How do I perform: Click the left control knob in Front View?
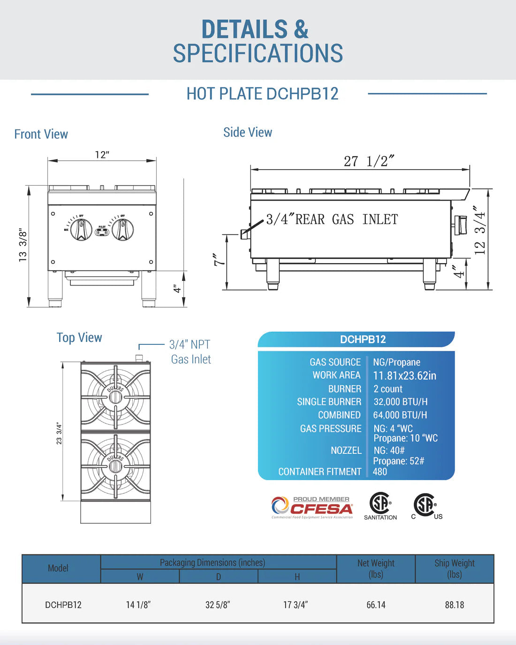(81, 230)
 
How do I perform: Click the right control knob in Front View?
(123, 230)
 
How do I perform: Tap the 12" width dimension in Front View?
(102, 155)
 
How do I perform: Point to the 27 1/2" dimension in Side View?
(369, 161)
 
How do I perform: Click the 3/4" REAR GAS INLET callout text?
(332, 219)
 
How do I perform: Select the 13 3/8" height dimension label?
(23, 245)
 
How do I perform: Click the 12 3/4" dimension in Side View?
(479, 233)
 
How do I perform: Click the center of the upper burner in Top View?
(115, 397)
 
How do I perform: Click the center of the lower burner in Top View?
(115, 466)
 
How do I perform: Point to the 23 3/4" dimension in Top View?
(59, 433)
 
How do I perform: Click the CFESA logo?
(312, 507)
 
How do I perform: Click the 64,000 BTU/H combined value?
(400, 415)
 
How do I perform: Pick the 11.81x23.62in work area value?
(404, 375)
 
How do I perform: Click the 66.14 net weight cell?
(376, 605)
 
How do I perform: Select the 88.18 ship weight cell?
(454, 605)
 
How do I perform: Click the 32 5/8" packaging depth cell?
(218, 605)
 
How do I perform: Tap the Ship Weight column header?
(454, 568)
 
